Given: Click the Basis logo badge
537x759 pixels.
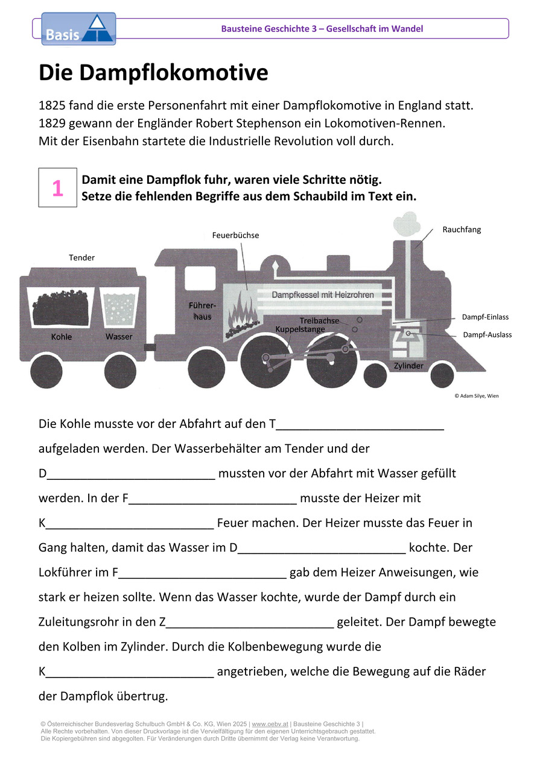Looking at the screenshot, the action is pos(78,29).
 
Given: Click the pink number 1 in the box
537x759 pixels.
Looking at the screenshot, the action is pos(58,188).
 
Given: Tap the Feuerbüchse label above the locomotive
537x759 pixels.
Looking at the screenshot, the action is pos(235,235).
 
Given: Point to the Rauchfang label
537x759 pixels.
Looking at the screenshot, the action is pos(462,230).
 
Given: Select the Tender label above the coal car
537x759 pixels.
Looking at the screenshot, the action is pos(81,257).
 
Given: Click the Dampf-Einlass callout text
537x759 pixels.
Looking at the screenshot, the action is pos(485,317).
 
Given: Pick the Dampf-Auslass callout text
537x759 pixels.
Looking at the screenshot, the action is pos(488,335).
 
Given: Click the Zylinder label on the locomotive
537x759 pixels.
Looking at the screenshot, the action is pos(408,366).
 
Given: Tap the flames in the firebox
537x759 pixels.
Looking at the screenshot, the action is pos(242,309).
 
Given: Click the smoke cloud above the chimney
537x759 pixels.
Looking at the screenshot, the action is pos(407,224).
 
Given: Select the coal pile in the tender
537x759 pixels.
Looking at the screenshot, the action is pos(61,307).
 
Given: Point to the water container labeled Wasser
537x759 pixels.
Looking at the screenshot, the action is pos(119,307).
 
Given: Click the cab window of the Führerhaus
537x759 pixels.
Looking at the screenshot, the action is pos(200,278).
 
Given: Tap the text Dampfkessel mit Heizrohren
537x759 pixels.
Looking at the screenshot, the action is pos(323,295).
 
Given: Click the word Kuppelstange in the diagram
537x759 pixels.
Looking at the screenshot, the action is pos(300,329).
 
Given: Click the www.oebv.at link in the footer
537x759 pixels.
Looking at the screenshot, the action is pos(270,724).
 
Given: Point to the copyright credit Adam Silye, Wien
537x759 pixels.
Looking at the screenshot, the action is pos(477,395).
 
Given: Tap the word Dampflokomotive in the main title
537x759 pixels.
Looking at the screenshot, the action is pos(174,72).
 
